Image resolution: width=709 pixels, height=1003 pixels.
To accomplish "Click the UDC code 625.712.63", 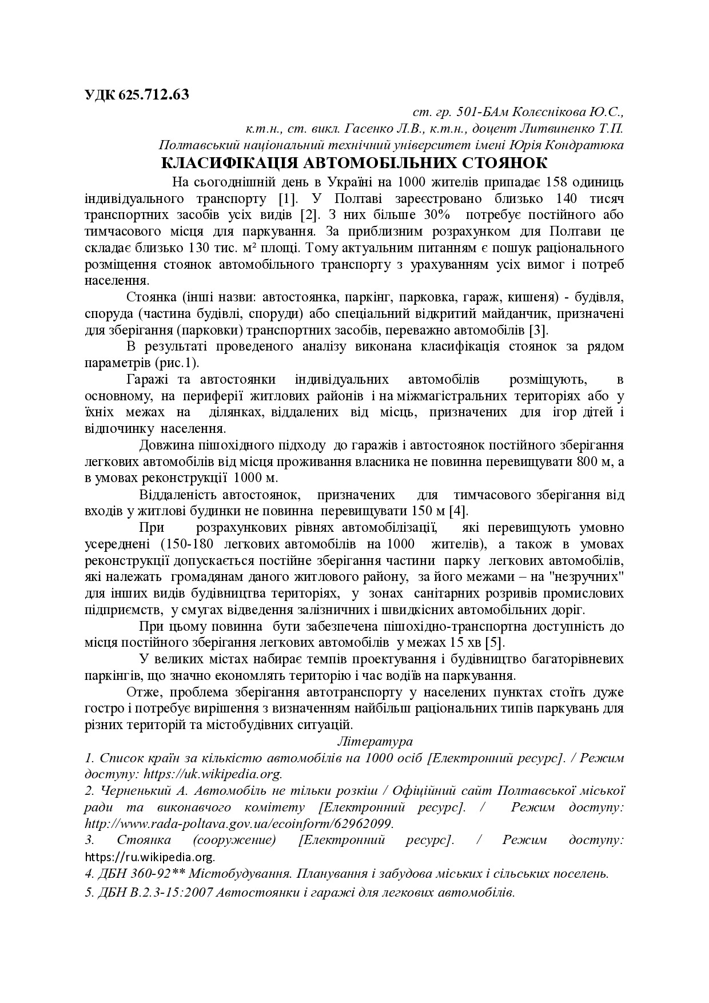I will click(154, 94).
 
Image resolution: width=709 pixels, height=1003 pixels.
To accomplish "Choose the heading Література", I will click(376, 742).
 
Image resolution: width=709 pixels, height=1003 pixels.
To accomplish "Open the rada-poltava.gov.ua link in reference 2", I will click(239, 824).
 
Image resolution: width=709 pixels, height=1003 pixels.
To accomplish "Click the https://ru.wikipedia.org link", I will click(150, 857).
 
